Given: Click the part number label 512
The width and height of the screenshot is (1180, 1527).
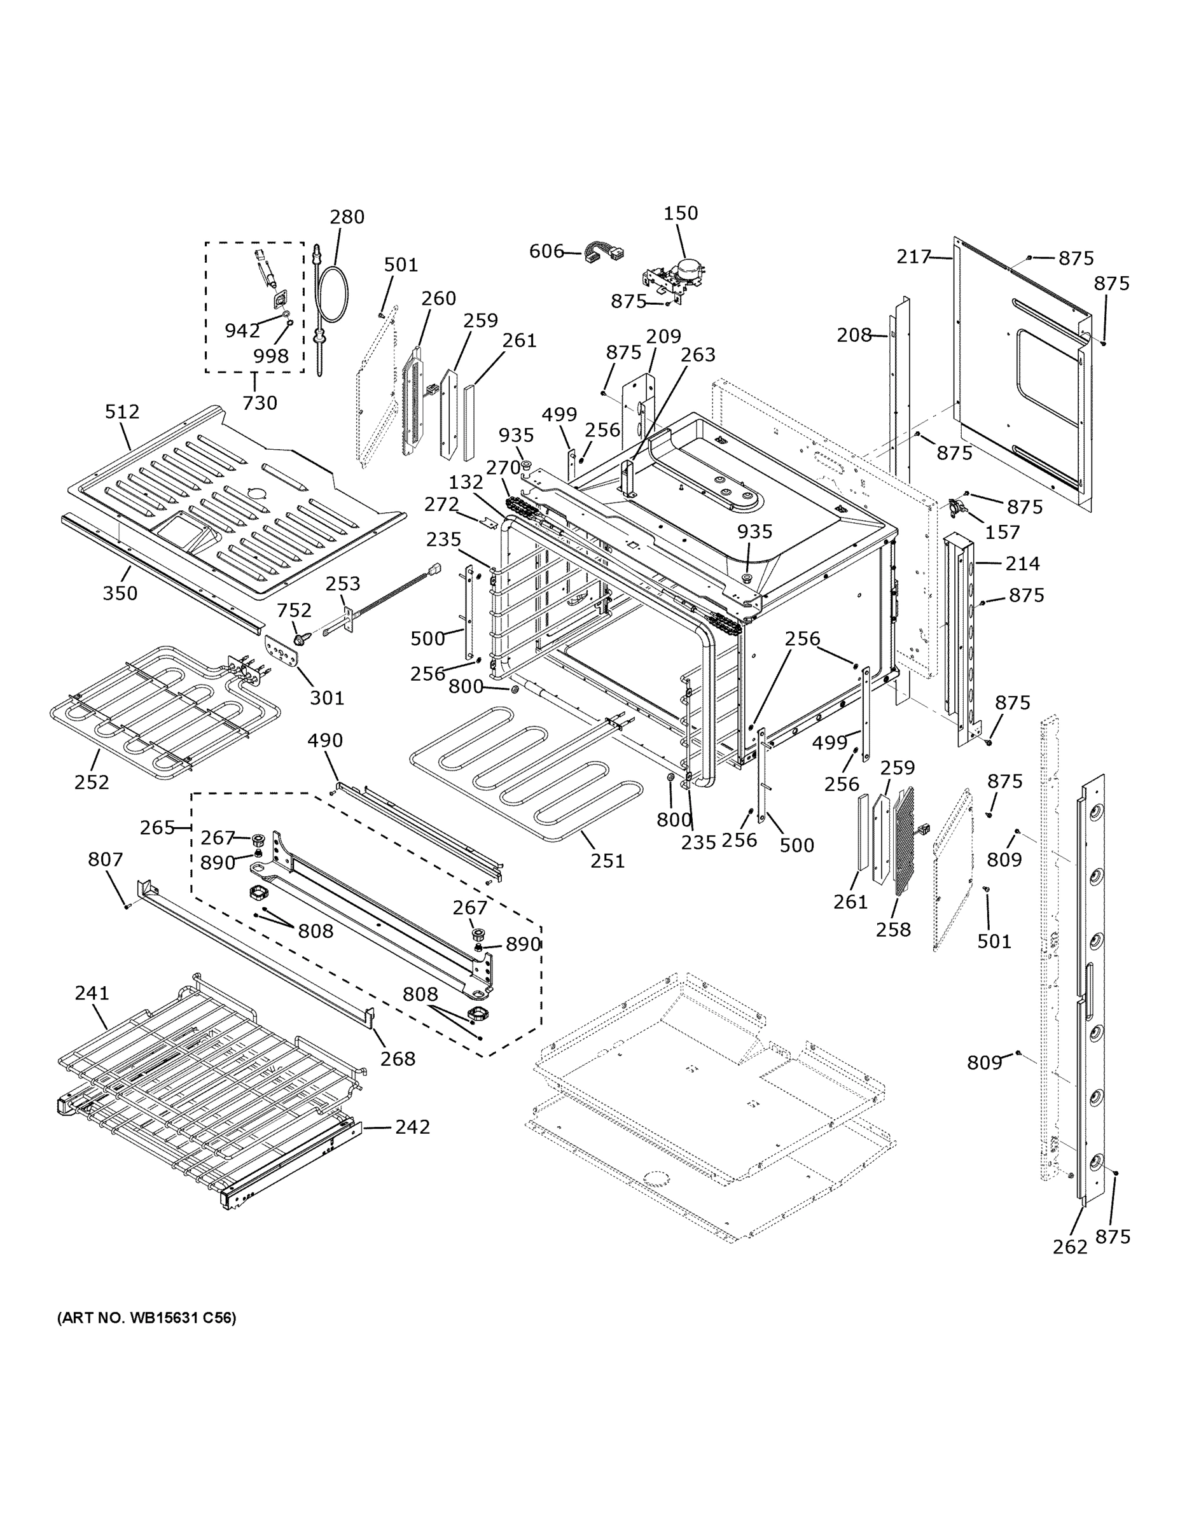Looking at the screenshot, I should click(x=122, y=412).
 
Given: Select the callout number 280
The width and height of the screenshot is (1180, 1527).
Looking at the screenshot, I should click(x=347, y=217).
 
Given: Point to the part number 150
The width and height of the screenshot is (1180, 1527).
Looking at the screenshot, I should click(x=680, y=213).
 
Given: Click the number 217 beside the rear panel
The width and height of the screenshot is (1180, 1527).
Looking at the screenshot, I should click(x=913, y=256).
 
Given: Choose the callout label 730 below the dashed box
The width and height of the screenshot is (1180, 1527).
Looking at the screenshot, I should click(x=260, y=403).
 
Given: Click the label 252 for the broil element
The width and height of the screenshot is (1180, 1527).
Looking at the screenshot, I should click(x=92, y=782).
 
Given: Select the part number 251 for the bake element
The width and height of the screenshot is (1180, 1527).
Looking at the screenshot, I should click(x=607, y=861).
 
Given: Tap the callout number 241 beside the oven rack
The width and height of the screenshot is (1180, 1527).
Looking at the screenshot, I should click(x=92, y=992).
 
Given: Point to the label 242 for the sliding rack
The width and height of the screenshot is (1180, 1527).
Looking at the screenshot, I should click(x=412, y=1126).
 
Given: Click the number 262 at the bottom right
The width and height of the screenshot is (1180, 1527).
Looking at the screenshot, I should click(x=1069, y=1246).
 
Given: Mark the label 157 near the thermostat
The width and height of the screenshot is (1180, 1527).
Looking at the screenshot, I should click(x=1003, y=532).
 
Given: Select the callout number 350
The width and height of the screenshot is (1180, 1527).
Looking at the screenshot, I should click(x=120, y=593).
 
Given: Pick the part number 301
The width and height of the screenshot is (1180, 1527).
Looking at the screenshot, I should click(x=327, y=697).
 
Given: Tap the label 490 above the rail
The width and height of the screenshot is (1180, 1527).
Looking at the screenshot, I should click(x=325, y=740).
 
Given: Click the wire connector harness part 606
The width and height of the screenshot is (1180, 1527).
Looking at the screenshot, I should click(x=605, y=253).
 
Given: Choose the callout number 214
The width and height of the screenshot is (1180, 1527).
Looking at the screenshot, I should click(x=1023, y=563).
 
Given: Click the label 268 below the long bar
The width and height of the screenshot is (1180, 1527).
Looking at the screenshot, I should click(x=398, y=1059).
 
